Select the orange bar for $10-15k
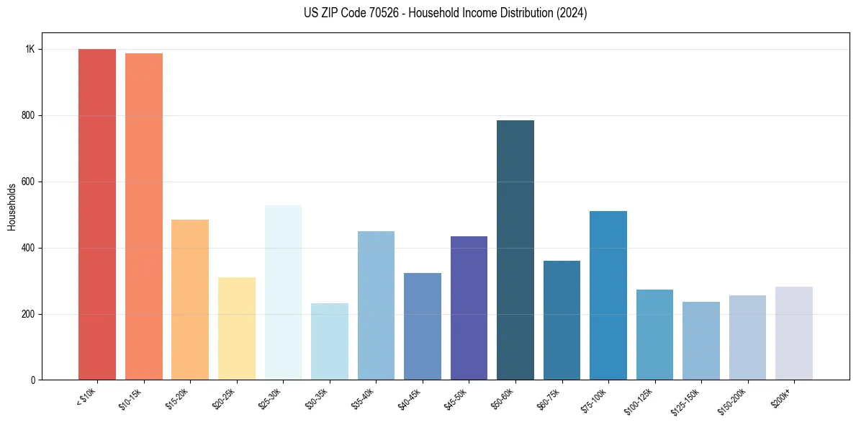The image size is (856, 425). click(143, 217)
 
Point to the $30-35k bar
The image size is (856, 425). click(330, 341)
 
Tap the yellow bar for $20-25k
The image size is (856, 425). click(237, 328)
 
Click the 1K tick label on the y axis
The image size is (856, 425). click(30, 50)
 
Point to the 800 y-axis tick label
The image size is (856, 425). click(28, 116)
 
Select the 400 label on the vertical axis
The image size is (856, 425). click(28, 249)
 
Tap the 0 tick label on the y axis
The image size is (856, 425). click(32, 380)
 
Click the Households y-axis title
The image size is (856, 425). click(12, 207)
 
